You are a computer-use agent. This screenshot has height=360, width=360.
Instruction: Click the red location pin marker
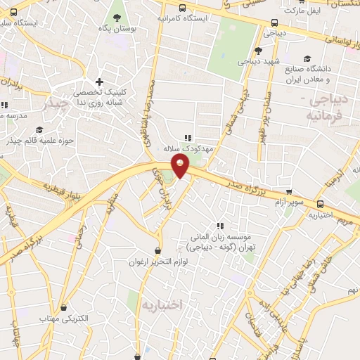[x=181, y=166]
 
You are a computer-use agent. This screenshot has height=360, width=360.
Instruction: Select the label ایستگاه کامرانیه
[x=183, y=18]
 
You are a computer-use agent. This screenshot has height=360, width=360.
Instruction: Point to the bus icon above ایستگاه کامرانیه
[x=183, y=8]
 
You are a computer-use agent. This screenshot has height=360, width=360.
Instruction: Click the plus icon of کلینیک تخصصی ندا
[x=100, y=82]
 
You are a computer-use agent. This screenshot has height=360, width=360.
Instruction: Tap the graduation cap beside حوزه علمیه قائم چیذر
[x=39, y=130]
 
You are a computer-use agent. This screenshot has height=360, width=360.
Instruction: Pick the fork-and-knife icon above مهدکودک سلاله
[x=186, y=138]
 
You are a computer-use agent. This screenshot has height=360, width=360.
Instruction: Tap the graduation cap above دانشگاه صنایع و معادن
[x=306, y=59]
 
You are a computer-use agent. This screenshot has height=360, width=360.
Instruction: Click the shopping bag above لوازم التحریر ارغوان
[x=159, y=250]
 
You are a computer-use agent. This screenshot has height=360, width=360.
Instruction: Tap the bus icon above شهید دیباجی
[x=259, y=50]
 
